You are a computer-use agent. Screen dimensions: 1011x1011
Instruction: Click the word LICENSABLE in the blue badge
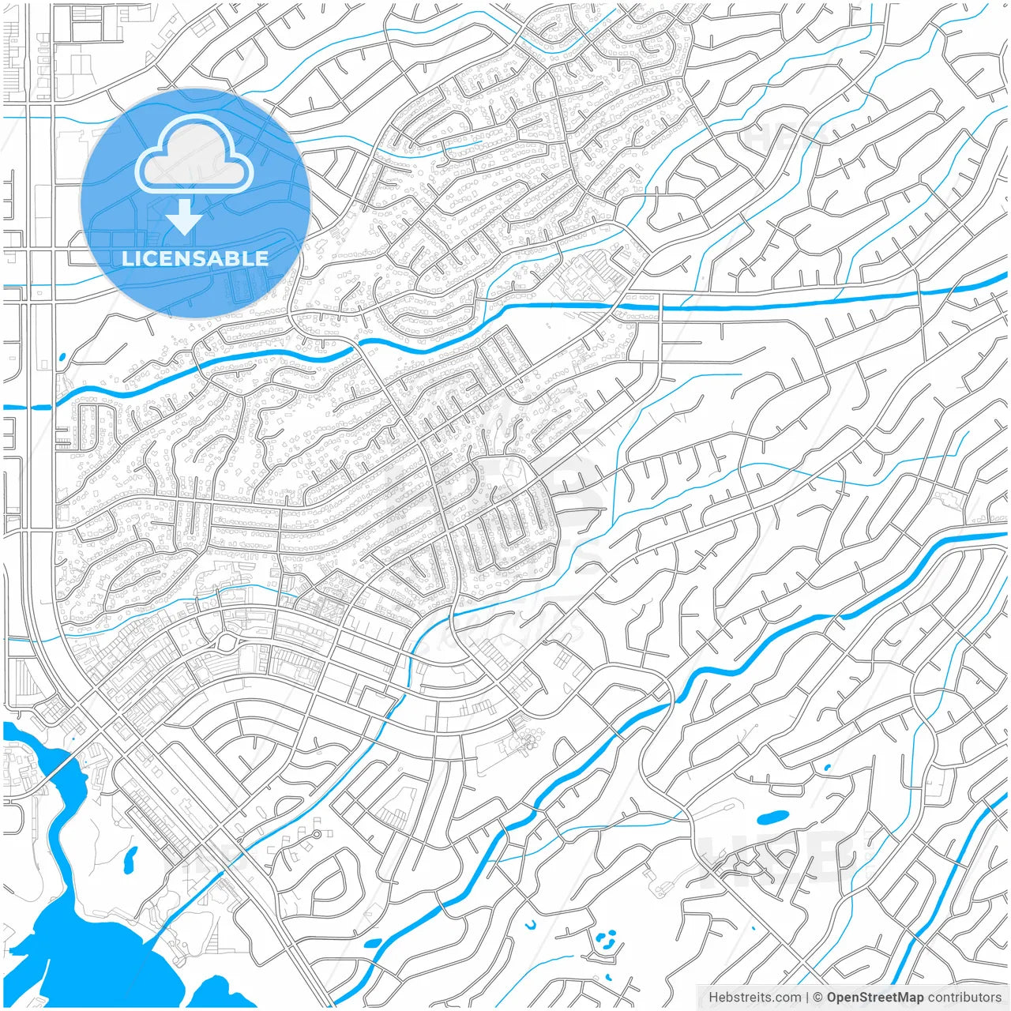click(194, 258)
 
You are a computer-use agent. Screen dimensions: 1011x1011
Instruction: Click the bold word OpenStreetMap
click(874, 998)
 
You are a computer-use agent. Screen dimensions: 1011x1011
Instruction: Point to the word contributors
click(964, 998)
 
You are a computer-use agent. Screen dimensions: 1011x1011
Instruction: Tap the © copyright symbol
click(818, 998)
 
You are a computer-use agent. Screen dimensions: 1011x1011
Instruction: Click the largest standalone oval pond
click(772, 817)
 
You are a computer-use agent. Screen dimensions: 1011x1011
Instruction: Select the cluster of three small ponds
click(606, 940)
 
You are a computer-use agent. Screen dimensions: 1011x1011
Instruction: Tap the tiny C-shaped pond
click(531, 924)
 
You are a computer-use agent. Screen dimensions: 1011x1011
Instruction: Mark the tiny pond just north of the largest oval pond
click(827, 767)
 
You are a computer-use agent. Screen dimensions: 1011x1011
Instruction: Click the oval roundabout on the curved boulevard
click(227, 641)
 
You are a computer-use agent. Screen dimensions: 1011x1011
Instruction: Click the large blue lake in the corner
click(79, 948)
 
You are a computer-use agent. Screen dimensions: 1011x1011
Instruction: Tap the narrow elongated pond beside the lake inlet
click(130, 857)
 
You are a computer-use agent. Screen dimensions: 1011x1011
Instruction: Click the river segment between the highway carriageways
click(40, 408)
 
